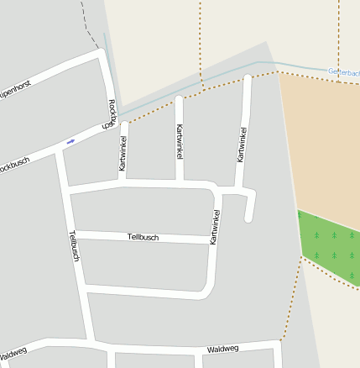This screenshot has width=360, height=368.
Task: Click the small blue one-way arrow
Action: click(x=70, y=140)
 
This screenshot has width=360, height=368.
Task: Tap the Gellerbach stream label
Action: click(x=343, y=72)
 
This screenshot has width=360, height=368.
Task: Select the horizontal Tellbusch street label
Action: click(x=143, y=238)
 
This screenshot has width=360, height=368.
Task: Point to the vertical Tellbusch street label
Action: click(x=73, y=246)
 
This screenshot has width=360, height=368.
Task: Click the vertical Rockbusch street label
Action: click(x=110, y=114)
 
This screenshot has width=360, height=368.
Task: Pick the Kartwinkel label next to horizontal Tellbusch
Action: click(x=215, y=227)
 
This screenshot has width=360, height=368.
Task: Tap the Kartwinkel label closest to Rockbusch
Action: click(x=123, y=154)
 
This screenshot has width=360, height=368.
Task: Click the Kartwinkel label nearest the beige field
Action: click(x=242, y=145)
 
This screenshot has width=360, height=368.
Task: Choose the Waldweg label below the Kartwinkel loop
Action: click(x=222, y=348)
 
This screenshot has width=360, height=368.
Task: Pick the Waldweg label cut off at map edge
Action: click(x=13, y=351)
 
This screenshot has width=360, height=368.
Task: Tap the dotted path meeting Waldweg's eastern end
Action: click(x=281, y=339)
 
